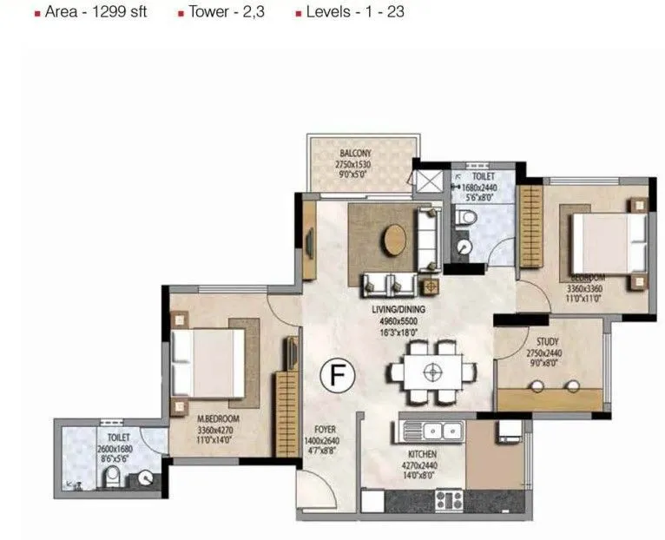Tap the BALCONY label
pyautogui.click(x=356, y=153)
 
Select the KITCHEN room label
pyautogui.click(x=419, y=454)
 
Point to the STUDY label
pyautogui.click(x=547, y=342)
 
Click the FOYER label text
pyautogui.click(x=325, y=430)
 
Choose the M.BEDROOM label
pyautogui.click(x=218, y=418)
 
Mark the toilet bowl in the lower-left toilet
pyautogui.click(x=111, y=477)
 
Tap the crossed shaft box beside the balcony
pyautogui.click(x=429, y=181)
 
